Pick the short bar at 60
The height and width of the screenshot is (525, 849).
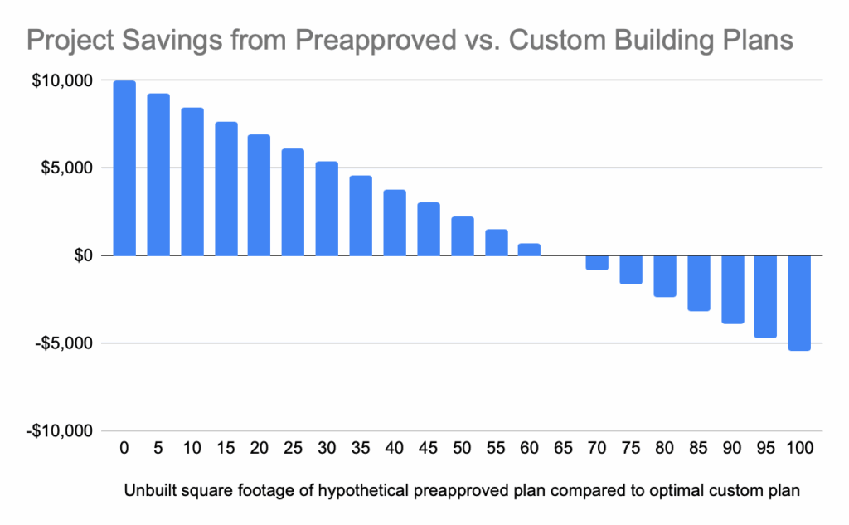[x=529, y=250]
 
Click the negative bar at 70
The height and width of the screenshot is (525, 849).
[x=597, y=263]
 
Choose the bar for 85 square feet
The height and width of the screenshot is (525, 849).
[x=699, y=283]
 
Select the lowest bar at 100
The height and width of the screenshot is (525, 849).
[x=800, y=303]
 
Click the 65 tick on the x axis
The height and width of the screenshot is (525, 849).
[x=564, y=449]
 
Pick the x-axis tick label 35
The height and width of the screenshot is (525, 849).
[x=361, y=449]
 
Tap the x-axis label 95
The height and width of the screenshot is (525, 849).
[x=766, y=449]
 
